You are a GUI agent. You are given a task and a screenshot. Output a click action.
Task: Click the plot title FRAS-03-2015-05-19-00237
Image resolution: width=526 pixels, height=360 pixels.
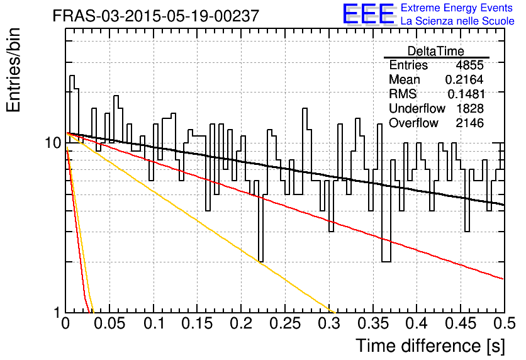(156, 16)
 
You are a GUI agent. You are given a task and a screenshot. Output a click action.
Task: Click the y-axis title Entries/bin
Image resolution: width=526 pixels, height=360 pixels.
(13, 70)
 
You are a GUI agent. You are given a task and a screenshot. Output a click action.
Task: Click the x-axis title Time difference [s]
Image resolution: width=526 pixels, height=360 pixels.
(430, 346)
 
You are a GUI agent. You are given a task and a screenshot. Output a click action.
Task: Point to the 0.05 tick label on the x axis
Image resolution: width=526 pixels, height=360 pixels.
(109, 323)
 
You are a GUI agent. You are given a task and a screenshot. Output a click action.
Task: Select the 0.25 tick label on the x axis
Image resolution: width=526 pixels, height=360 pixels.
(285, 323)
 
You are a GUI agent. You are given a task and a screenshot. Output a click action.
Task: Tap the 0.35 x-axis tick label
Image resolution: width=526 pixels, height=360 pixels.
(373, 323)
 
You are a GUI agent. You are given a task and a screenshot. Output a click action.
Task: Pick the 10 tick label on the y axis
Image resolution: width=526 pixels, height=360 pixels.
(53, 143)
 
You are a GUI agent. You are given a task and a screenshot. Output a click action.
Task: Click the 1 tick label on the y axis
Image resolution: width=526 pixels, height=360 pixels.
(57, 313)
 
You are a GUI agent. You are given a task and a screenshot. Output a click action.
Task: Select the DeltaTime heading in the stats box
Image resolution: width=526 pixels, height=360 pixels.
(436, 51)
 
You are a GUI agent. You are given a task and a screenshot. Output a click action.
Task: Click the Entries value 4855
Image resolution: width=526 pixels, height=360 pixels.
(469, 65)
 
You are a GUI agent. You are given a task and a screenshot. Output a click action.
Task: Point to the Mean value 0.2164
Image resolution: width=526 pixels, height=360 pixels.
(464, 79)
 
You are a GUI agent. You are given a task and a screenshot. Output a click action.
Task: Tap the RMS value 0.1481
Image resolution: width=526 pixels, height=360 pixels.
(466, 94)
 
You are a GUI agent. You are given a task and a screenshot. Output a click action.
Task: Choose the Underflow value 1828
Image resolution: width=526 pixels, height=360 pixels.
(469, 109)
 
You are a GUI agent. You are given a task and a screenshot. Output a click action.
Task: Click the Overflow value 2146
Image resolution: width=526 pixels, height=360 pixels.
(469, 123)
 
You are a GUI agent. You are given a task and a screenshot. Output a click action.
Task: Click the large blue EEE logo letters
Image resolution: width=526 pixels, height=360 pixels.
(369, 14)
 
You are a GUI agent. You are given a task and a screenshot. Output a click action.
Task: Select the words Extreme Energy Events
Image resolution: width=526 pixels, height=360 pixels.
(457, 8)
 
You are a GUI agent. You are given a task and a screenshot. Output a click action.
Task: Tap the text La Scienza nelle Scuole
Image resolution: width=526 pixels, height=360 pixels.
(457, 21)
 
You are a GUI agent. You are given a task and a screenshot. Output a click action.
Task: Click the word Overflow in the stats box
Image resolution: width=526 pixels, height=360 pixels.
(413, 123)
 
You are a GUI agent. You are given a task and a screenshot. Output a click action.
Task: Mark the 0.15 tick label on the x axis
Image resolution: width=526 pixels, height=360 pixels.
(198, 323)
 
